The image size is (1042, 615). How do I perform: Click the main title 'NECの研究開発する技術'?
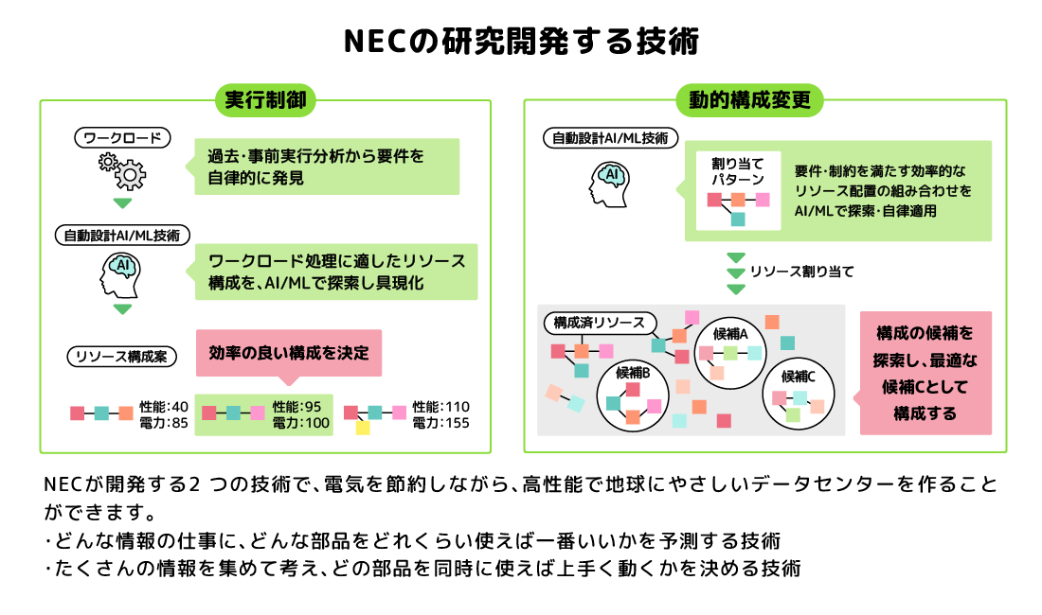click(x=521, y=41)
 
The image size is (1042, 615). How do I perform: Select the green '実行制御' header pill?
click(x=265, y=100)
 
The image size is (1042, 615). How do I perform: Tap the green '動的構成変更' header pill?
click(x=749, y=100)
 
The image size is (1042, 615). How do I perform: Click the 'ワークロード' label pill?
click(x=122, y=138)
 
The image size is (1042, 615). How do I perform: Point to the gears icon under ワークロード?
click(x=122, y=171)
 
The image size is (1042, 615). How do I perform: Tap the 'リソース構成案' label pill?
click(x=121, y=357)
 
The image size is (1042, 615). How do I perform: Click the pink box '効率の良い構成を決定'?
click(x=289, y=353)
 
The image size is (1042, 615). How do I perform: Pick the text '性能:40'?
click(x=164, y=407)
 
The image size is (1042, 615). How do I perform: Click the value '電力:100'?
click(x=301, y=423)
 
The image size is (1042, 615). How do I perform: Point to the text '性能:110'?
click(x=440, y=407)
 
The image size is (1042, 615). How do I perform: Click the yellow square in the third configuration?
click(x=363, y=428)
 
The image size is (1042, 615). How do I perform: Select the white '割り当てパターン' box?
click(x=738, y=191)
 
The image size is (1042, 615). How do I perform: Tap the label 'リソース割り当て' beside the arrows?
click(x=802, y=272)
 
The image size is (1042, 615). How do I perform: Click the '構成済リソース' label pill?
click(x=600, y=323)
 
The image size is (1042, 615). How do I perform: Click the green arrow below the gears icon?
click(x=122, y=203)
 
